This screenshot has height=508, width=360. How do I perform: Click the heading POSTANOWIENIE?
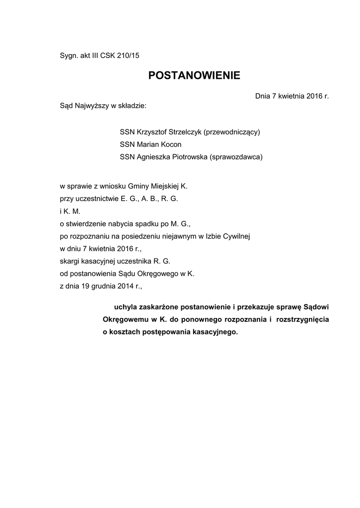194,75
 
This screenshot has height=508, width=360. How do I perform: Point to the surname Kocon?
170,144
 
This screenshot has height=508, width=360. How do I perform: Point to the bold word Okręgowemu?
124,319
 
